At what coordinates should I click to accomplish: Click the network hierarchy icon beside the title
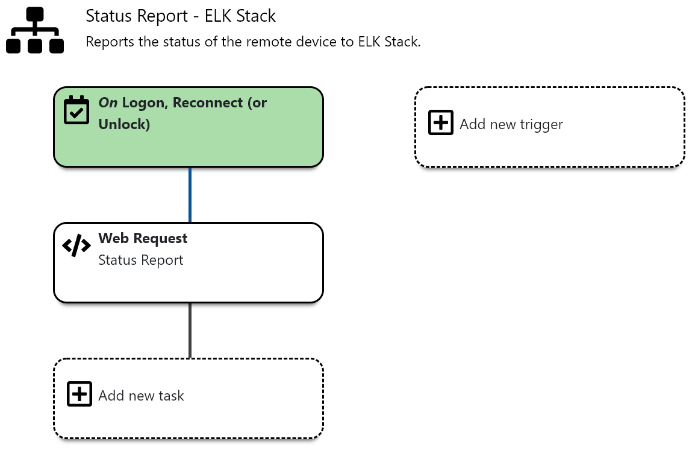click(x=35, y=30)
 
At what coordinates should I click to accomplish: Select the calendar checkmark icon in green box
click(x=76, y=110)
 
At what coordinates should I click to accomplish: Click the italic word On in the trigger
click(x=108, y=103)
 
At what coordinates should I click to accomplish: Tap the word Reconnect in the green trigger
click(x=208, y=103)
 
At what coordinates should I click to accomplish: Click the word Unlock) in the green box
click(x=124, y=124)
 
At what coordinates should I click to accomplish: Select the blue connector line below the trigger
click(x=190, y=195)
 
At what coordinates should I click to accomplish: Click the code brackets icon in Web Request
click(x=76, y=246)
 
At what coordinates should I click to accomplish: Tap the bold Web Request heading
click(x=143, y=238)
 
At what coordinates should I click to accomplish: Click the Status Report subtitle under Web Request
click(x=141, y=260)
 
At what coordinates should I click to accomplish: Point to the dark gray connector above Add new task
click(x=190, y=331)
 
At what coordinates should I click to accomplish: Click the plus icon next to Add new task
click(x=79, y=394)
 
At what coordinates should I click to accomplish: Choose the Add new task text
click(x=141, y=396)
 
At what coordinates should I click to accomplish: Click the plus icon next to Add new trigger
click(x=441, y=122)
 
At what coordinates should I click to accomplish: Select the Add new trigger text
click(x=511, y=124)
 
